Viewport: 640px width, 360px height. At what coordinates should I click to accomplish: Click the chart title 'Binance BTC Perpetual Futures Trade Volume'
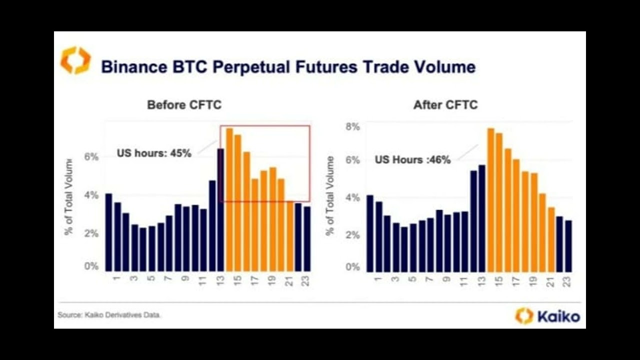288,66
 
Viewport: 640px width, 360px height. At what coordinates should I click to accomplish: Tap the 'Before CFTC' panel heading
184,105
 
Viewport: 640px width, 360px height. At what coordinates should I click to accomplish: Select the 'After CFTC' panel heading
445,105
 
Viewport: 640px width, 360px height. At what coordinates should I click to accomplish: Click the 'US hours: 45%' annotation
154,153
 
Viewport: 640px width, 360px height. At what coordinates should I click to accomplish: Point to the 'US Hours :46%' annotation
412,160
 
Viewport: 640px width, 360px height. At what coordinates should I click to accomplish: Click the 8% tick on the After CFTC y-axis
353,127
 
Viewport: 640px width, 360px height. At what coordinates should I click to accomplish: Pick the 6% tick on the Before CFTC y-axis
91,157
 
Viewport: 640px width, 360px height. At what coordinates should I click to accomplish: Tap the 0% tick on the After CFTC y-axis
353,267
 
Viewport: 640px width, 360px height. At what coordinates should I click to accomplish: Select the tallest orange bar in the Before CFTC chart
229,200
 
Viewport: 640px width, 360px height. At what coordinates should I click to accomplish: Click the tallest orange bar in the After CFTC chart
490,200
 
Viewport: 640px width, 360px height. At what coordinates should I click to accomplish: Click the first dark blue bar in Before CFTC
108,232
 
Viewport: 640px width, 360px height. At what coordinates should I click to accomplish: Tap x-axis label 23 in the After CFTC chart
568,281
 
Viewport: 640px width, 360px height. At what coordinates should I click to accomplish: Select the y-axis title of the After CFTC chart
330,196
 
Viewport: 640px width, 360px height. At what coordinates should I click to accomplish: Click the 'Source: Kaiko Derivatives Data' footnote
109,315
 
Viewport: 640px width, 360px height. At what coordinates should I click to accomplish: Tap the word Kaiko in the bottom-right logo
558,316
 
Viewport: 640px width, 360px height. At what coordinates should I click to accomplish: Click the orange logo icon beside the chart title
75,60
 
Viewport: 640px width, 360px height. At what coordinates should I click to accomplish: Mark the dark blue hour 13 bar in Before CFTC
220,210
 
